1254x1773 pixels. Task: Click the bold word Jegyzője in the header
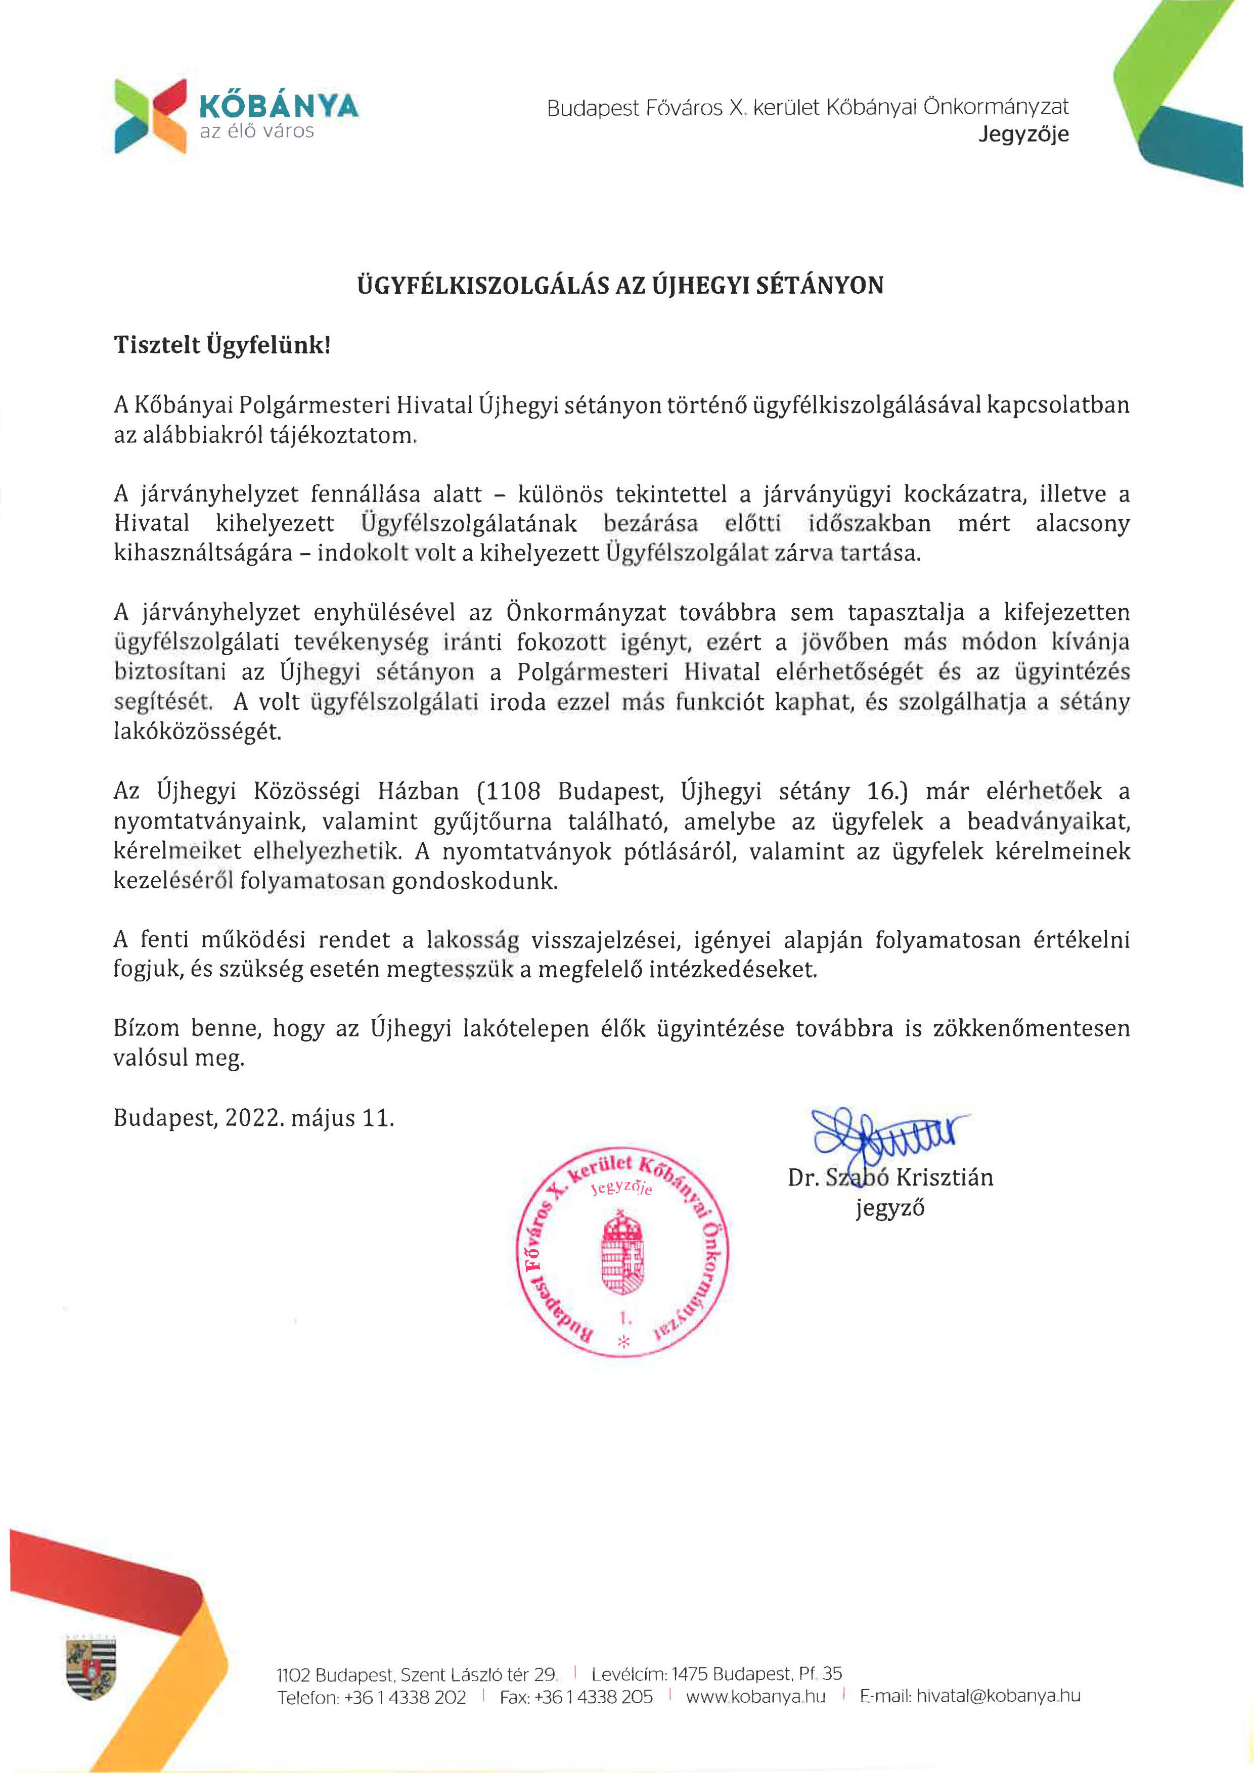[x=1023, y=134]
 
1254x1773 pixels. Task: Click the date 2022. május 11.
[x=309, y=1118]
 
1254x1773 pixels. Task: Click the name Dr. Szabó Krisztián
[x=889, y=1177]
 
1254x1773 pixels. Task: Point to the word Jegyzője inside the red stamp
[x=621, y=1188]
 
